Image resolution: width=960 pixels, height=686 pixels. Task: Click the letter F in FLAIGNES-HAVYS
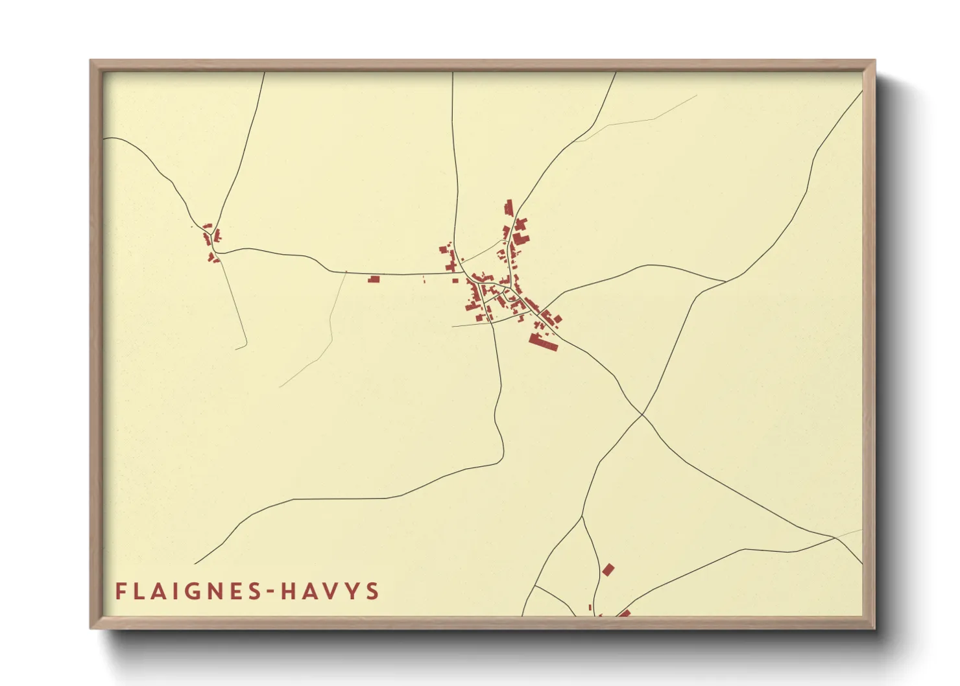click(x=121, y=591)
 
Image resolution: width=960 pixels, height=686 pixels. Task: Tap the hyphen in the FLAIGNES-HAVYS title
click(x=269, y=591)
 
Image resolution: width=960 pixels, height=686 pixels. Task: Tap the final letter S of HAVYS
click(x=372, y=591)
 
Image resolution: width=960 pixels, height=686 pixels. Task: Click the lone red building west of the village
click(x=374, y=279)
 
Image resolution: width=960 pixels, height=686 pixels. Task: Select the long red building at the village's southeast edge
click(x=543, y=342)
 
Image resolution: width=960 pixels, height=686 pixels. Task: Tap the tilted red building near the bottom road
click(x=608, y=570)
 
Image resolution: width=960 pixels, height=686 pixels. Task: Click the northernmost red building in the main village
click(x=509, y=207)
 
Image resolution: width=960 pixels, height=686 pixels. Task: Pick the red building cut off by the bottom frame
click(x=624, y=613)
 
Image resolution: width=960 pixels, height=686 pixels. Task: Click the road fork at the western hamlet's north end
click(x=213, y=227)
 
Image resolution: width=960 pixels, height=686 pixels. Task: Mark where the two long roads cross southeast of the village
click(x=642, y=413)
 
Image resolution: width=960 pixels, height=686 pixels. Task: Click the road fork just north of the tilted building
click(x=582, y=517)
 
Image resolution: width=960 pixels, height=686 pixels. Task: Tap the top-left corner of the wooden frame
click(x=91, y=61)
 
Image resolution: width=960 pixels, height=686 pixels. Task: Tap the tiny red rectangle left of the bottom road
click(x=590, y=608)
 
